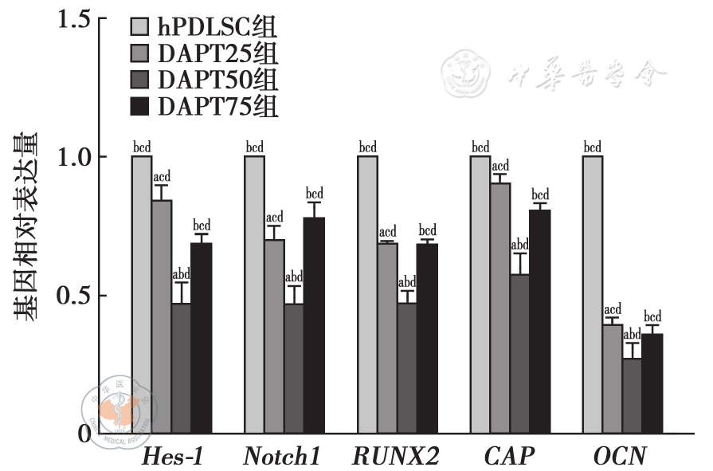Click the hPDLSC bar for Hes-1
(142, 295)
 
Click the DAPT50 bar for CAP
(520, 354)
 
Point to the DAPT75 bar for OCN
(652, 383)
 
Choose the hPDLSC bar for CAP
(480, 295)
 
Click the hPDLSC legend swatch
(139, 29)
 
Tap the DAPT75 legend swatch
(139, 105)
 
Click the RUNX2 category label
(395, 457)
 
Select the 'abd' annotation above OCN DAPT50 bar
(632, 335)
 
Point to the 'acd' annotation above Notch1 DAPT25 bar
(274, 218)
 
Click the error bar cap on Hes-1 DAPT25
(162, 185)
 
